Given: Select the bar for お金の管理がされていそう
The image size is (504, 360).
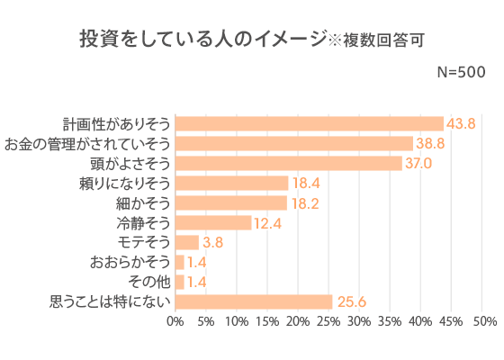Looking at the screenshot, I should [x=293, y=143].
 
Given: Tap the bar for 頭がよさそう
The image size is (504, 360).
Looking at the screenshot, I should [x=288, y=163].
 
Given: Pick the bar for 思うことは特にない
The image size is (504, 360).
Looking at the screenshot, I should [x=253, y=301].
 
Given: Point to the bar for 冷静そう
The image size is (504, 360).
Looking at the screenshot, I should [x=212, y=222].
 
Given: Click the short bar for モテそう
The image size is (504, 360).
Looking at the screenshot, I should [x=186, y=242].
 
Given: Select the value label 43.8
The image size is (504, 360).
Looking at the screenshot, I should [x=461, y=123].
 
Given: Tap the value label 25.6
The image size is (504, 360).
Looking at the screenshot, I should [x=349, y=301].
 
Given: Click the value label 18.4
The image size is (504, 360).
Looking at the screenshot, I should [x=304, y=183].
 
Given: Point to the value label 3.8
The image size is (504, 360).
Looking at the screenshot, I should [x=212, y=242].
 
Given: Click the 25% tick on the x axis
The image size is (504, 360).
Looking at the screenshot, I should [x=328, y=321].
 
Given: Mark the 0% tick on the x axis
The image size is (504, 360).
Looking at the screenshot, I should [x=175, y=321].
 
